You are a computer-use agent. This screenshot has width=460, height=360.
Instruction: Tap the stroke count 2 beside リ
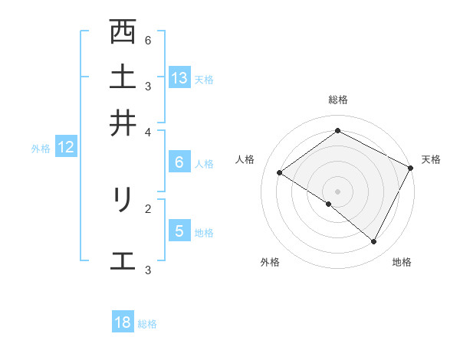pos(148,208)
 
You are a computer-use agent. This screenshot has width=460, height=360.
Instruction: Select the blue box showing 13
pos(179,77)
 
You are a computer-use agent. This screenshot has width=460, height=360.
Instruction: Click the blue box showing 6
pos(179,162)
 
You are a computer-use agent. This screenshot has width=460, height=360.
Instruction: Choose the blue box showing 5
pos(179,231)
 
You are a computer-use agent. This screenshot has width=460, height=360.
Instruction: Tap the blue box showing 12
pos(66,148)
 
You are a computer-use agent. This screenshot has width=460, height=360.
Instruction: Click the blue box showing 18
pos(123,322)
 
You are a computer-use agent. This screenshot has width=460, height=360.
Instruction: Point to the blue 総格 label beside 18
pos(147,324)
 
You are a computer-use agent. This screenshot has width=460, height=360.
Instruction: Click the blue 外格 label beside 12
pos(41,149)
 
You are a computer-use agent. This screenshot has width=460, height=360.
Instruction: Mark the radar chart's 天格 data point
pos(410,168)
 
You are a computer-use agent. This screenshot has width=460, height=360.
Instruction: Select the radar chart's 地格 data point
pos(374,241)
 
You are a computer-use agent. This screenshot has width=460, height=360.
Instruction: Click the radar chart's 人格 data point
pos(280,172)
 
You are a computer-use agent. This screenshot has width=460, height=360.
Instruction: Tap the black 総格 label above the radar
pos(338,100)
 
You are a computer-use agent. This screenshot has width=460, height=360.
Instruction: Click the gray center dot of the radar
pos(338,191)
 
